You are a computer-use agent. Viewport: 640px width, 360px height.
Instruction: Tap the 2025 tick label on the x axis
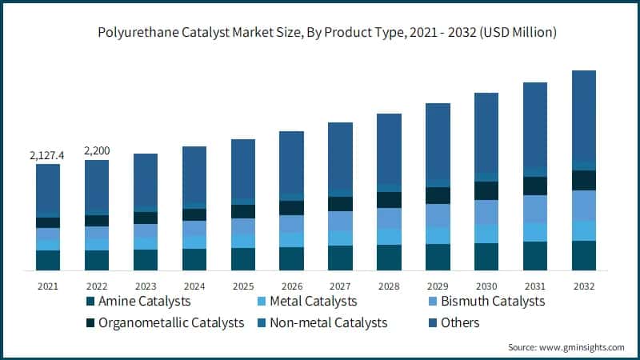242,286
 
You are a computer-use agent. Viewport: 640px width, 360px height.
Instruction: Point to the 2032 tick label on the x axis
583,286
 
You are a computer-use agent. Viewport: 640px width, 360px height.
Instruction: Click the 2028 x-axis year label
389,286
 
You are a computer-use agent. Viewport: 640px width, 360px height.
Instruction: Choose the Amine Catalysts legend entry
143,302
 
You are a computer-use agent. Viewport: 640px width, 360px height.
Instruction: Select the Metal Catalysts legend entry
313,302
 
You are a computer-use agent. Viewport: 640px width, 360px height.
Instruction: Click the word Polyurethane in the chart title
136,33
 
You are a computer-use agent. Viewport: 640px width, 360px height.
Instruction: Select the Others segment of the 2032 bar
583,116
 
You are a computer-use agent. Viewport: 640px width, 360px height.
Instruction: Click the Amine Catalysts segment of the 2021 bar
48,261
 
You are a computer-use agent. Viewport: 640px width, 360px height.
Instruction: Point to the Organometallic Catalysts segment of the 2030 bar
486,190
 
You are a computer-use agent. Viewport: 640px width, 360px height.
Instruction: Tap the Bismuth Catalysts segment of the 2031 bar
535,209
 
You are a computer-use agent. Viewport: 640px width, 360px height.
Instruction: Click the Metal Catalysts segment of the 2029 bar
438,235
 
